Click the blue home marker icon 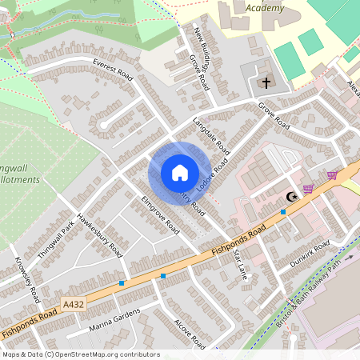coord(179,172)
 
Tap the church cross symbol coord(266,82)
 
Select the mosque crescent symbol coord(292,197)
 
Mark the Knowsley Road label coord(28,278)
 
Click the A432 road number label coord(70,303)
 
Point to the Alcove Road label coord(190,334)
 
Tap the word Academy coord(265,8)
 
